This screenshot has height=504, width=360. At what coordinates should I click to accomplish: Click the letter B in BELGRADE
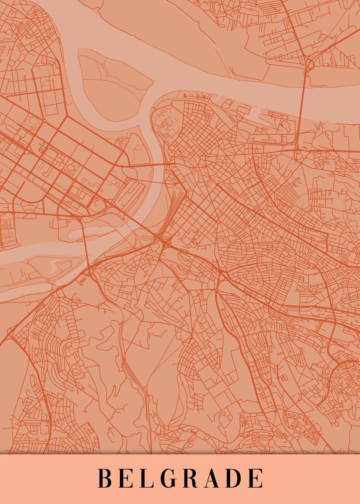pyautogui.click(x=105, y=478)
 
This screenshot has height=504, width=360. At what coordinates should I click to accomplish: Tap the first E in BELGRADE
pyautogui.click(x=127, y=478)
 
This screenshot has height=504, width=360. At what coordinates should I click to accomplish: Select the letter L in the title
pyautogui.click(x=147, y=478)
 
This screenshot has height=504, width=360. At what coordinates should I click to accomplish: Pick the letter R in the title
pyautogui.click(x=193, y=478)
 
